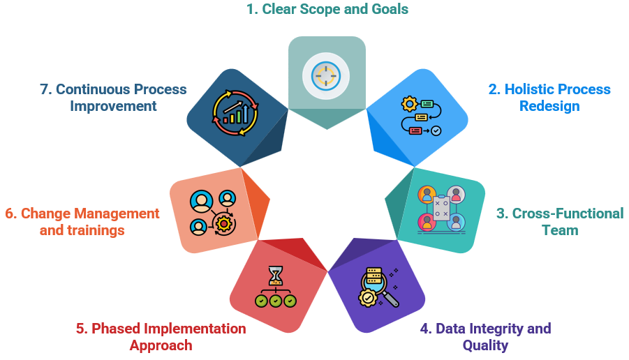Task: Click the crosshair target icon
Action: [326, 76]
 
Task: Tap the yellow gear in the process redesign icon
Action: [409, 104]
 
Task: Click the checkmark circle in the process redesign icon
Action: [436, 130]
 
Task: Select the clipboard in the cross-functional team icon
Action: [441, 207]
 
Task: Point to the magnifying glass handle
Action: [390, 299]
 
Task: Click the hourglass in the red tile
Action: [276, 276]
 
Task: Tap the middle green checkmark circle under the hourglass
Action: [276, 301]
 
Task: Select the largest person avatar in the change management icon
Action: [201, 201]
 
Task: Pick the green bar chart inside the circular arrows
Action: [236, 114]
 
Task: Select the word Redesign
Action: [549, 106]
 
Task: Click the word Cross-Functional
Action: [568, 213]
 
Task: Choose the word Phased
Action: [117, 329]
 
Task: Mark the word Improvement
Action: [114, 106]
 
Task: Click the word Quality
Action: [485, 345]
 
